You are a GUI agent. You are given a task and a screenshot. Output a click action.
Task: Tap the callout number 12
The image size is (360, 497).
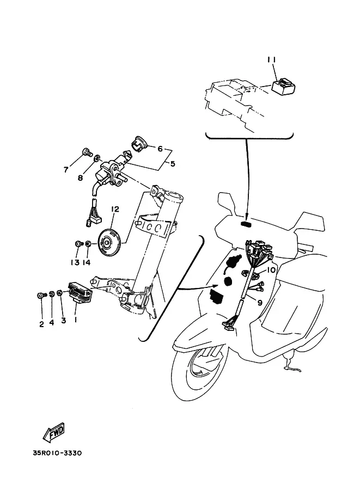click(x=115, y=209)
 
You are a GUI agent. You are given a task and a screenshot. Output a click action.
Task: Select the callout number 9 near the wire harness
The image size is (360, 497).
click(x=260, y=303)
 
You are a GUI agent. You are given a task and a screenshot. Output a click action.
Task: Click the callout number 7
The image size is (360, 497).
click(x=66, y=170)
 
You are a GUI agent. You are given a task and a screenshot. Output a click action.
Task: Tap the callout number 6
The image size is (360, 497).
click(x=160, y=148)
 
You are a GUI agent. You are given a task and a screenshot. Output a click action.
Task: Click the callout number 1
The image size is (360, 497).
click(x=75, y=321)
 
